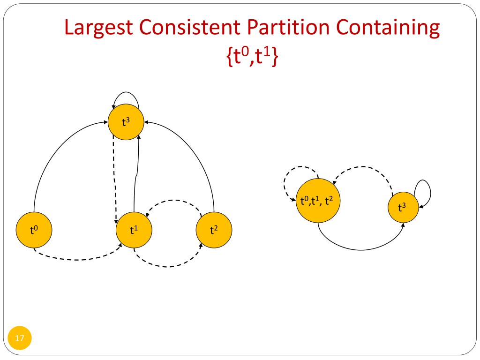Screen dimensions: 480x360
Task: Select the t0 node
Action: (x=34, y=230)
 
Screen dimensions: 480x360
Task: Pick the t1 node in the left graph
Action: (x=134, y=230)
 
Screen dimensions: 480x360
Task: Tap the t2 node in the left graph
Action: (x=214, y=230)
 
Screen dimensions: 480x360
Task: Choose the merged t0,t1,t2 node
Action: (x=318, y=202)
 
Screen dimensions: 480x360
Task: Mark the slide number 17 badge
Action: (x=20, y=337)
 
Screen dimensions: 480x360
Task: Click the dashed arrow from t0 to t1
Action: (x=77, y=259)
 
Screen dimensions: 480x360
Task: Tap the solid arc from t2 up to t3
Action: (x=197, y=150)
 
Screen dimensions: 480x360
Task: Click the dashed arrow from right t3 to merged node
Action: (x=363, y=167)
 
